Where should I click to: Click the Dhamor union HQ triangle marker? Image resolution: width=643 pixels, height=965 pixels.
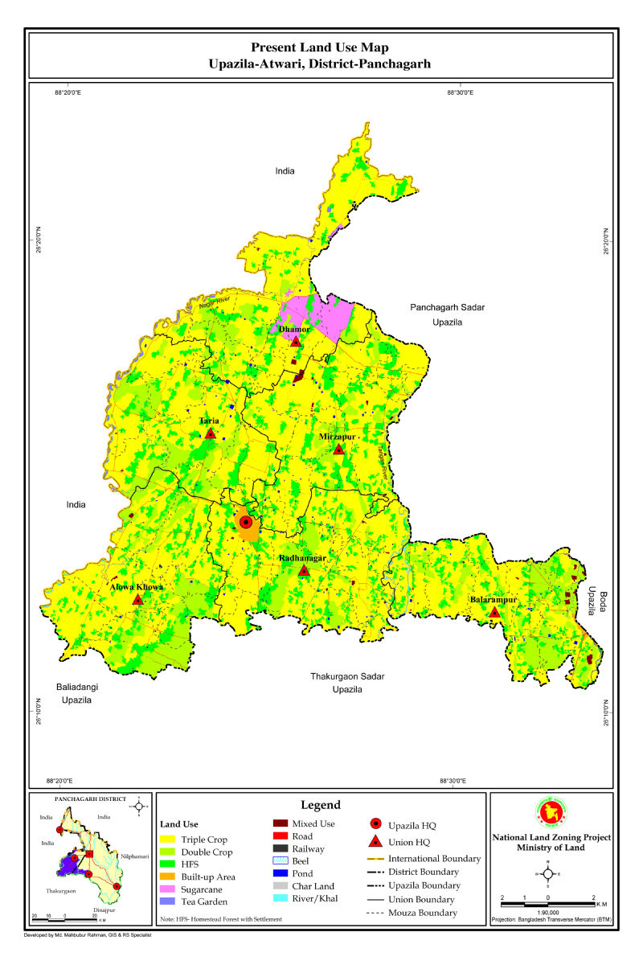point(296,342)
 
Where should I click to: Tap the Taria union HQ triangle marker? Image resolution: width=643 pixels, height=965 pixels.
point(211,434)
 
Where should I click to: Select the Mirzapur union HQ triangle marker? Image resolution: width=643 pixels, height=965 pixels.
point(338,450)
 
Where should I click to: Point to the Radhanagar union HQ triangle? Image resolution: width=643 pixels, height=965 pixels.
point(304,571)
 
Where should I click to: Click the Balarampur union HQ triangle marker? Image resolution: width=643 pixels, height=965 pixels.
point(495,613)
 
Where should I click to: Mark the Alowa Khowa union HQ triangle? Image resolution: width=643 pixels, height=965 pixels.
point(137,600)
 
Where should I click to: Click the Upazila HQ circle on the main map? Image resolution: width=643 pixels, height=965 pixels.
point(246,523)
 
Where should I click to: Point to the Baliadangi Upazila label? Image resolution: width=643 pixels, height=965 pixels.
point(78,694)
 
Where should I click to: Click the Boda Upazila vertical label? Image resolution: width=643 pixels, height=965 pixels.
point(595,601)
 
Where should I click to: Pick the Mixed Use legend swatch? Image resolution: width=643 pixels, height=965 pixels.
point(281,823)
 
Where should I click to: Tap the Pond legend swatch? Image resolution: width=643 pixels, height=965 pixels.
point(281,873)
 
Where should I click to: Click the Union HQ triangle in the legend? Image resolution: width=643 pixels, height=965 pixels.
point(375,842)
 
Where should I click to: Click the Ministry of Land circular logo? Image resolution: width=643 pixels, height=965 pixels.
point(549,813)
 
